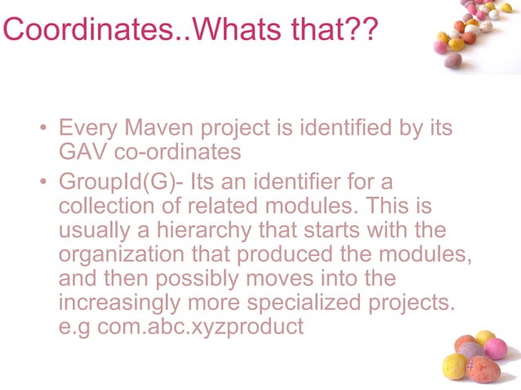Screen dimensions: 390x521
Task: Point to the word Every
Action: (x=89, y=129)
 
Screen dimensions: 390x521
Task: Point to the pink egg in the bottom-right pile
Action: (x=496, y=348)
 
